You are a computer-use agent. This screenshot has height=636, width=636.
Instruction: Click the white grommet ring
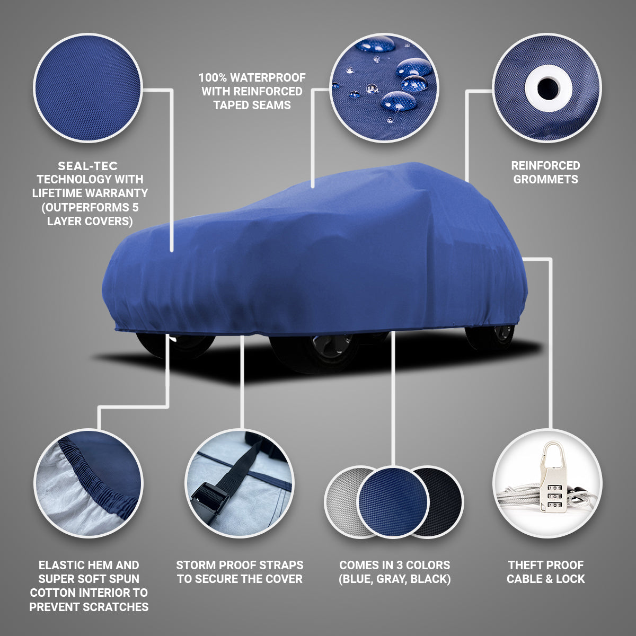547,88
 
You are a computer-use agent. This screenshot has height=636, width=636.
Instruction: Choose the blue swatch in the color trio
393,501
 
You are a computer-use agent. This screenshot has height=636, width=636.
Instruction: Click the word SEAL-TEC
87,166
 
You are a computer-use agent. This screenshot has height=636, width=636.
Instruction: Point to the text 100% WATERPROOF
252,78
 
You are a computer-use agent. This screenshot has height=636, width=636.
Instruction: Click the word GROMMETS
545,179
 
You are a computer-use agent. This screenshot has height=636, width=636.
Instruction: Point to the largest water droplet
398,101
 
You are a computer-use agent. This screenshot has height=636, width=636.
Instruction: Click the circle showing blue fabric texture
87,87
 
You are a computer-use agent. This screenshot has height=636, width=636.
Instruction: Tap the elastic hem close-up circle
88,482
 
